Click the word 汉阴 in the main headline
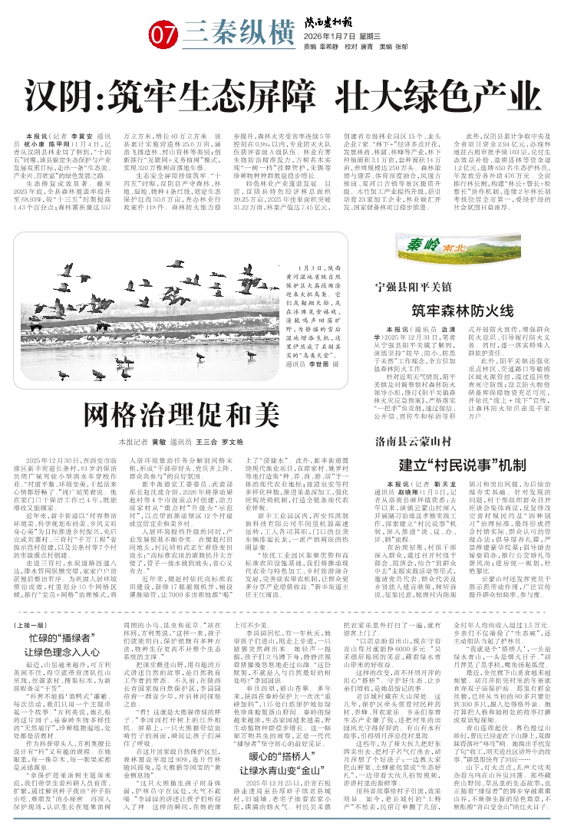pos(72,97)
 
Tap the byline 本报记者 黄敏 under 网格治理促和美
pos(141,442)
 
